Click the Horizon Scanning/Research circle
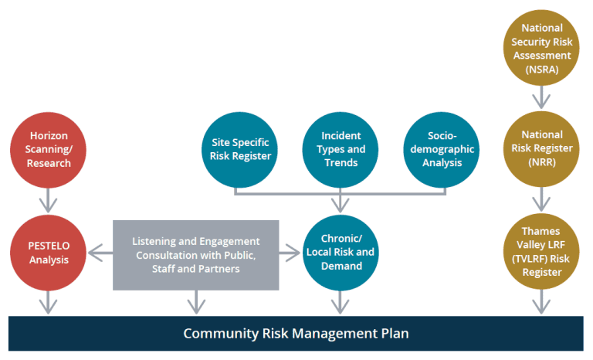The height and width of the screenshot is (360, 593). pyautogui.click(x=47, y=150)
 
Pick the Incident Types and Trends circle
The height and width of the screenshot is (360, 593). pyautogui.click(x=341, y=149)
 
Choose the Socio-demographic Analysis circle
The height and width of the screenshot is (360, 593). pyautogui.click(x=442, y=149)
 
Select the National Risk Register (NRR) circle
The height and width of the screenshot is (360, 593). pyautogui.click(x=541, y=149)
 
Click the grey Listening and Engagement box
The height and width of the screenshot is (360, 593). pyautogui.click(x=195, y=254)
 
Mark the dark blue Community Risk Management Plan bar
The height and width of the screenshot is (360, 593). pyautogui.click(x=296, y=334)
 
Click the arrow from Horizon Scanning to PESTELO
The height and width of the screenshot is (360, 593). pyautogui.click(x=47, y=201)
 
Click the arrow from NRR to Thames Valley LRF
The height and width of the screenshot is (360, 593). pyautogui.click(x=541, y=201)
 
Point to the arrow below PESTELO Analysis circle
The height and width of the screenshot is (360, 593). pyautogui.click(x=47, y=302)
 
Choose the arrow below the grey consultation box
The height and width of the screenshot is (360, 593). pyautogui.click(x=195, y=302)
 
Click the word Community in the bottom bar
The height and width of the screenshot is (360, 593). pyautogui.click(x=215, y=334)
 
